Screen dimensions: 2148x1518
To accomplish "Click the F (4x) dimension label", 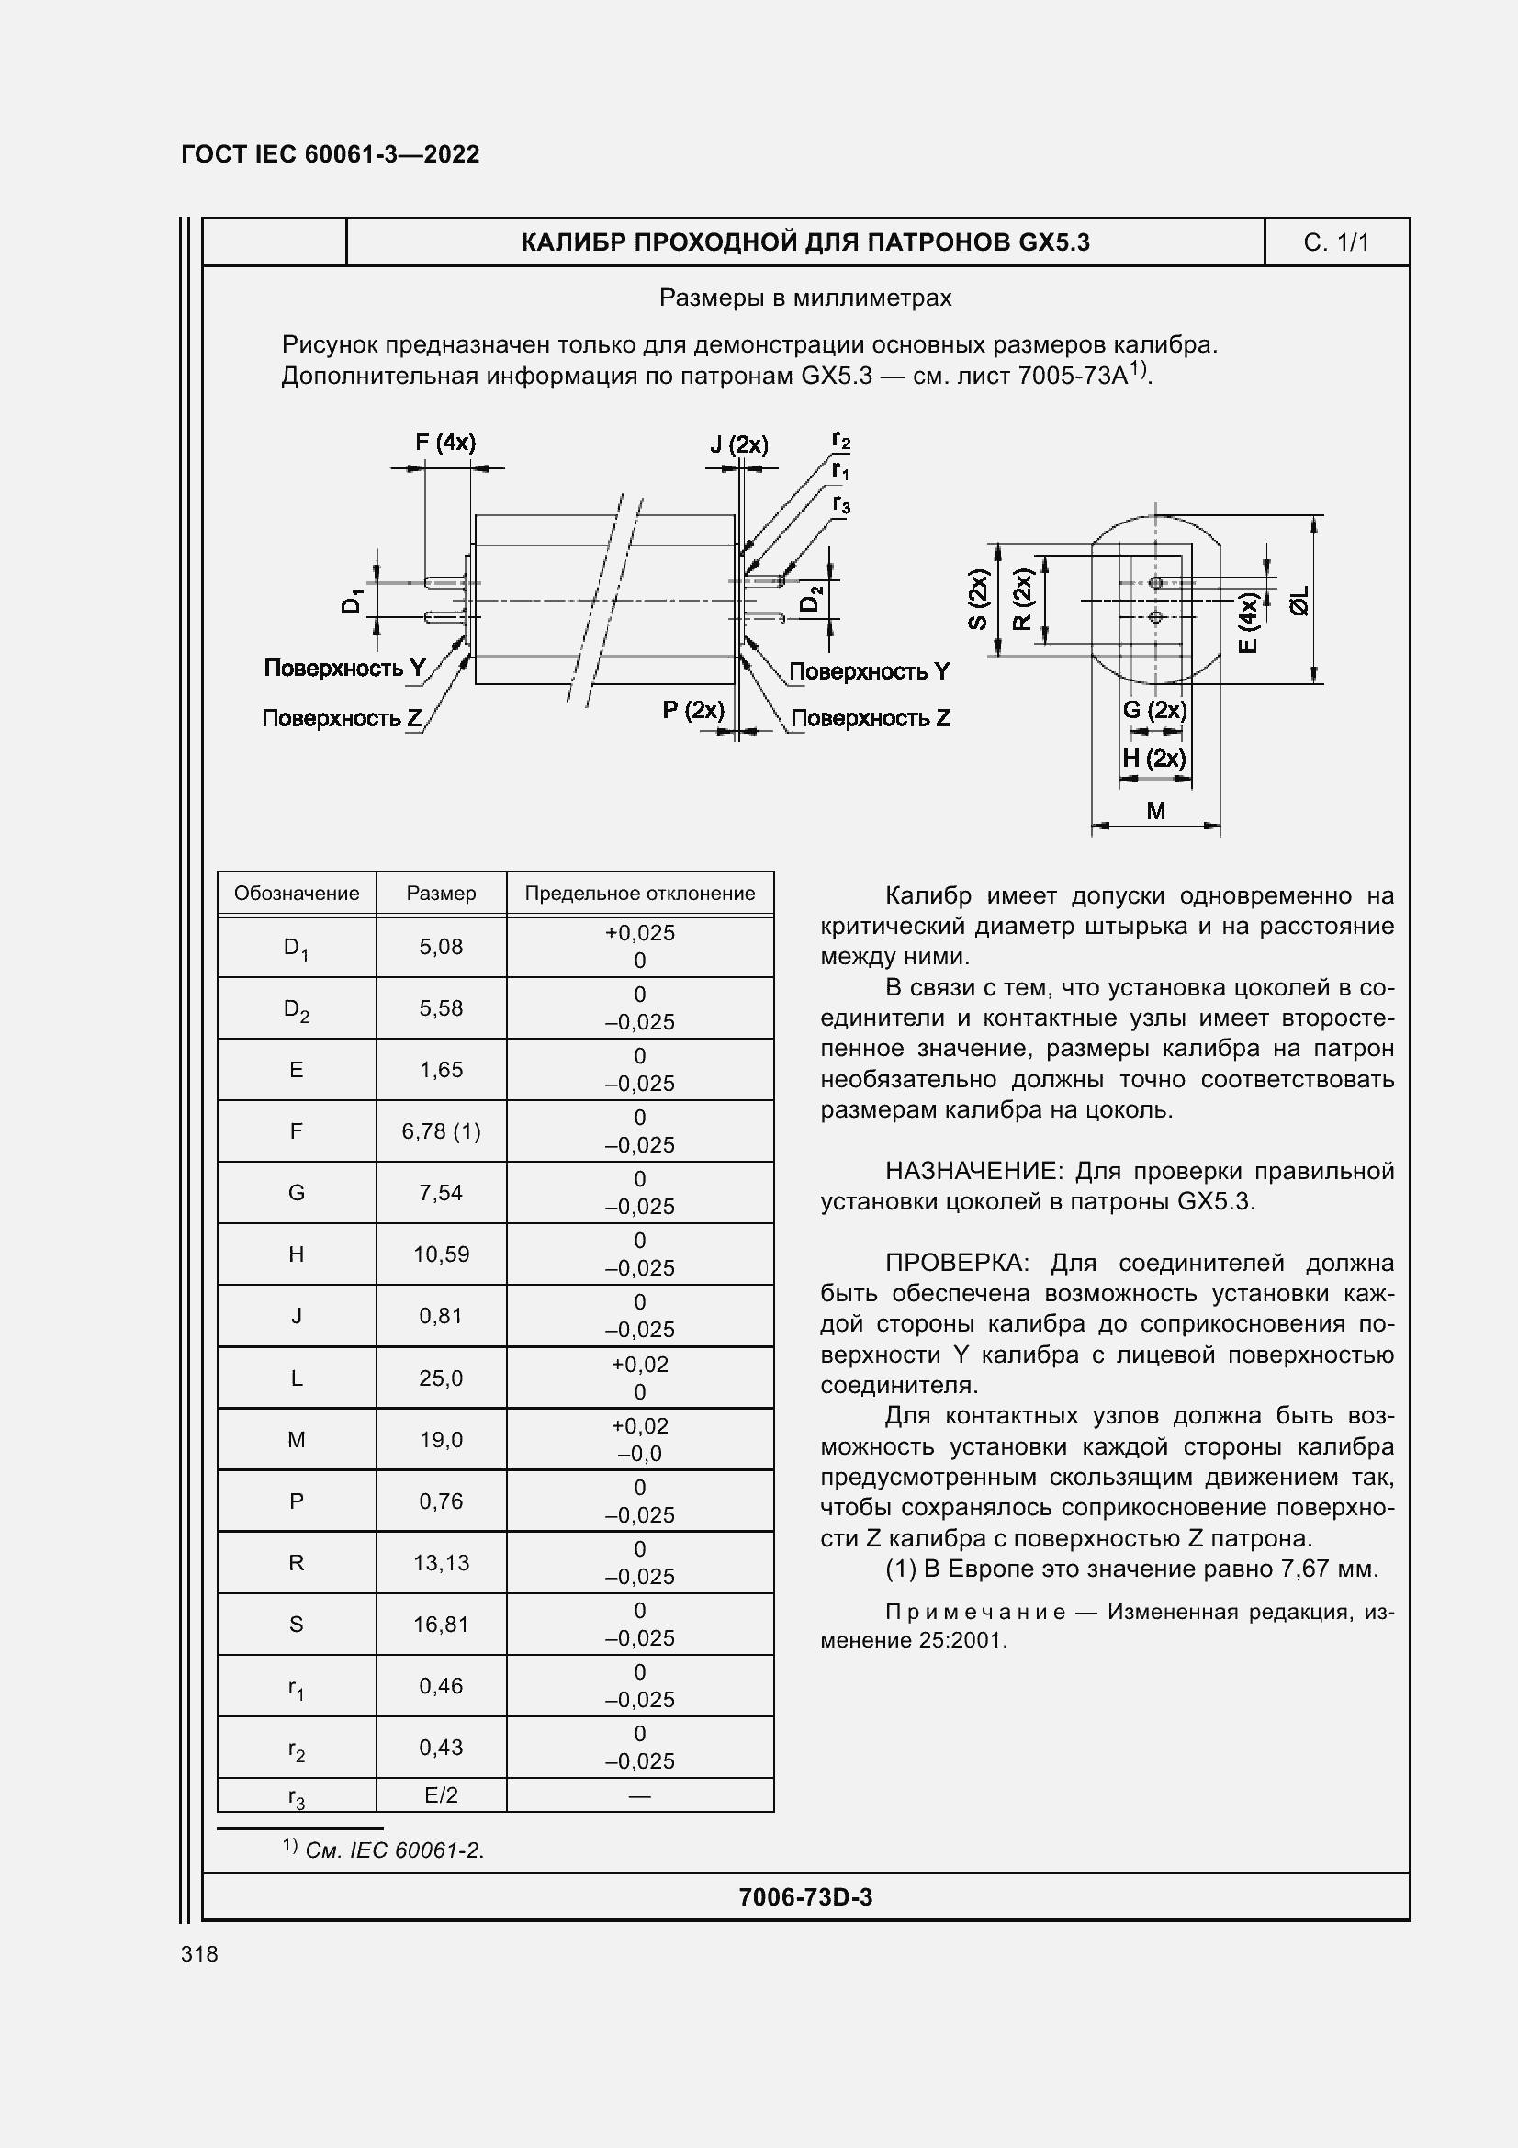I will coord(445,443).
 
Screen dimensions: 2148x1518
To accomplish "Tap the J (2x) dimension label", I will coord(739,444).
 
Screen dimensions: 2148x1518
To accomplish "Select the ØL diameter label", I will coord(1300,601).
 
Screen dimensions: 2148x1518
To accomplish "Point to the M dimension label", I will coord(1156,810).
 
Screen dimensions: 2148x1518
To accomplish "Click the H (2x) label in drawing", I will coord(1154,758).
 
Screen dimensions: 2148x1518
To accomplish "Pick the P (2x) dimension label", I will coord(693,710).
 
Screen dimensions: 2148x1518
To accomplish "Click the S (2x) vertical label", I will coord(978,600).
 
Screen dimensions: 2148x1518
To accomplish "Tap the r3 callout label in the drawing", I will coord(842,504).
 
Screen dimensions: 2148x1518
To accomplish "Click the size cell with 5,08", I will coord(441,947).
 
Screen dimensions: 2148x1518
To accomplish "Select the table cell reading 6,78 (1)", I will coord(441,1131).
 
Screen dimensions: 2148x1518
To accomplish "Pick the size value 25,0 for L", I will coord(441,1378).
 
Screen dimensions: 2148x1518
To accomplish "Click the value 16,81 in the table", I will coord(441,1625).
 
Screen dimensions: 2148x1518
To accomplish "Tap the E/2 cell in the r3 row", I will coord(441,1794).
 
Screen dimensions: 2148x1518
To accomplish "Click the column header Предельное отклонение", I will coord(640,894).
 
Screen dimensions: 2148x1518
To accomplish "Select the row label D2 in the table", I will coord(297,1009).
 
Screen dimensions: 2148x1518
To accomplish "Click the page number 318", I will coord(199,1953).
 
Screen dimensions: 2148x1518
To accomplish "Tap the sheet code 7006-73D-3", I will coord(805,1896).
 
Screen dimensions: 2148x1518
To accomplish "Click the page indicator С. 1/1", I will coord(1335,243).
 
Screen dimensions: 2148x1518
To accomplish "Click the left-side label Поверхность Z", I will coord(343,718).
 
